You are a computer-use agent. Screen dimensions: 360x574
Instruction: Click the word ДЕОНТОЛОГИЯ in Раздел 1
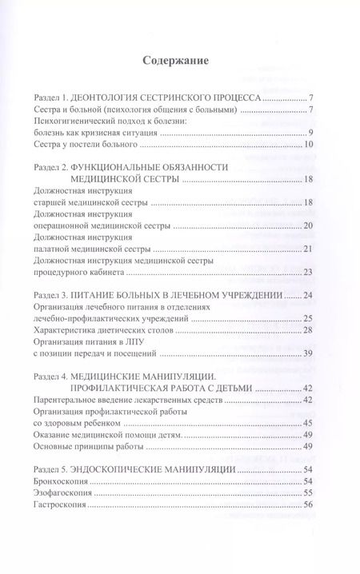(x=119, y=96)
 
